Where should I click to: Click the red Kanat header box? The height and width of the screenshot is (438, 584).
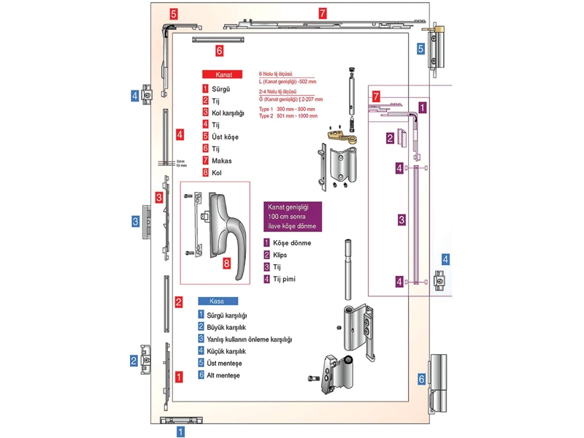click(223, 74)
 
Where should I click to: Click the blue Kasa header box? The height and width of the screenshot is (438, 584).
click(217, 301)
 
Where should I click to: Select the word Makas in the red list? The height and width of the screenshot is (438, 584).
click(223, 161)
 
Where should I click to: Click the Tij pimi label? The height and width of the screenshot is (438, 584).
click(286, 279)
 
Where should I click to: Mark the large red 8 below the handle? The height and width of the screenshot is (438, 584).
click(227, 262)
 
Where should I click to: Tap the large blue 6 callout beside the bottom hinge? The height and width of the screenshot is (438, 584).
click(421, 379)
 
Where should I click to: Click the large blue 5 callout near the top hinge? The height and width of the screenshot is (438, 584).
click(421, 49)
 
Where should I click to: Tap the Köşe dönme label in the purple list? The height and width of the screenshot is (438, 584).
click(292, 242)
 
